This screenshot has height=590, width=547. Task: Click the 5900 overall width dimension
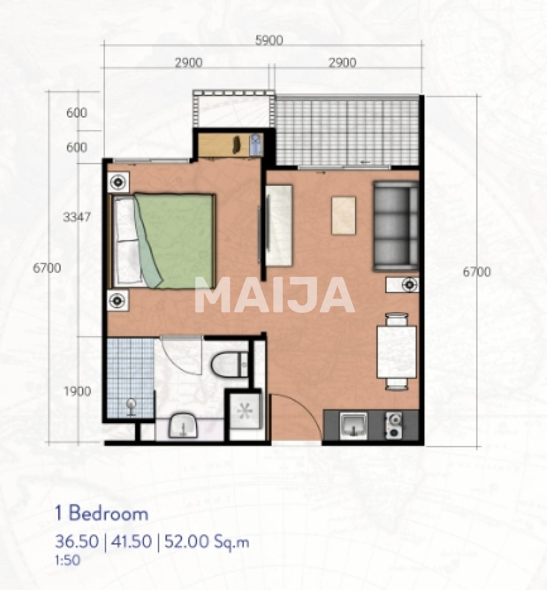tap(269, 41)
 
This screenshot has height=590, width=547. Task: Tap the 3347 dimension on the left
tap(76, 217)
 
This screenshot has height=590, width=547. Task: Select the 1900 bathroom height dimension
tap(77, 391)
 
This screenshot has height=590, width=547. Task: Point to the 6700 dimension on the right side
tap(477, 272)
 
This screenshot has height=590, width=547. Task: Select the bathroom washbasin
tap(183, 425)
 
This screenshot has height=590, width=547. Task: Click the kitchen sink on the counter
tap(353, 425)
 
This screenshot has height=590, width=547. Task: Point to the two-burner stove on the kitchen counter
tap(394, 425)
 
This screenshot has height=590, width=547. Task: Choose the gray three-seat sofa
tap(396, 226)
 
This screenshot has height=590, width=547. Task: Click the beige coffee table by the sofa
tap(344, 215)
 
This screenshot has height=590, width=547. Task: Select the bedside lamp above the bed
tap(118, 182)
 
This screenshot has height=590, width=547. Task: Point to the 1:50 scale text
tap(67, 560)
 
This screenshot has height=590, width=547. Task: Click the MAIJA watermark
tap(275, 295)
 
